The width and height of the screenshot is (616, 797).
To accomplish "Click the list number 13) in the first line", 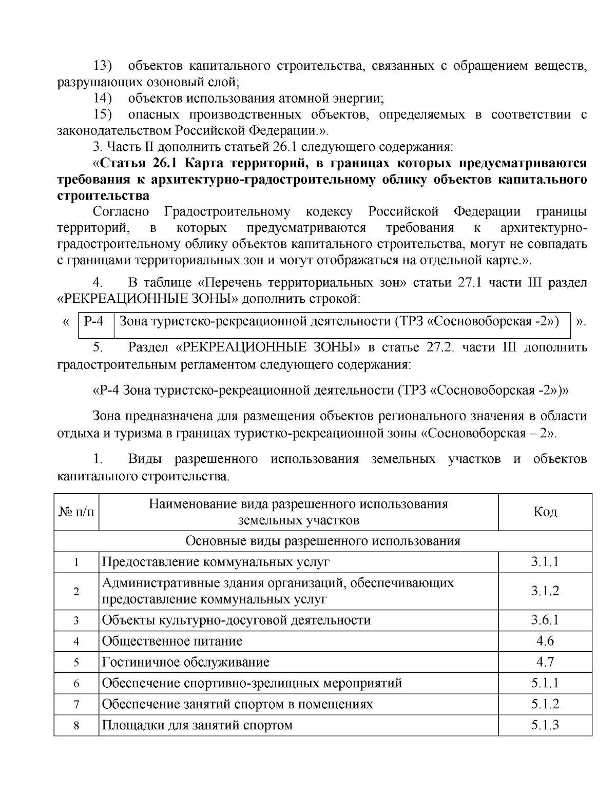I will (103, 66).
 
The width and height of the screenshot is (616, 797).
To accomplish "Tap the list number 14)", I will (103, 98).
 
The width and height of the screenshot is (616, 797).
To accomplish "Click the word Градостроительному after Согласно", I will (227, 212).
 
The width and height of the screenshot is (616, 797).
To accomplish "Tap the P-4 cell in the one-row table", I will (94, 322).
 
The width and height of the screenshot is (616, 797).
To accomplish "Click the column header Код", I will (545, 512).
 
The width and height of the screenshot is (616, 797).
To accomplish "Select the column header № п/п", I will (76, 512).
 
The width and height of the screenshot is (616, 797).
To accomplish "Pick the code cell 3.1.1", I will (545, 561).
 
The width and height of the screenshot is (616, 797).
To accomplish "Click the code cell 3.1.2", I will (545, 591).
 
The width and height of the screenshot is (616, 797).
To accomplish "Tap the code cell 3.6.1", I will (545, 620).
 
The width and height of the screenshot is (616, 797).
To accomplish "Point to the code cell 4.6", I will (545, 641).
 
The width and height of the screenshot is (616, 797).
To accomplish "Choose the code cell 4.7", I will (545, 662).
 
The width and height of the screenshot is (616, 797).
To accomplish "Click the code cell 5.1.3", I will (545, 725).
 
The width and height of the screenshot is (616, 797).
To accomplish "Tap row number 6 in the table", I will (76, 684).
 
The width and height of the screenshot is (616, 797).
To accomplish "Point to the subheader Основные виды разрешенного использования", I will (322, 541).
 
